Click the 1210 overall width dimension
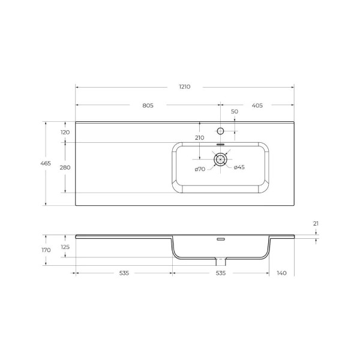(x=184, y=87)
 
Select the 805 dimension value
(x=148, y=106)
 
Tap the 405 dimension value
(x=257, y=106)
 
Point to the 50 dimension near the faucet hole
(x=235, y=112)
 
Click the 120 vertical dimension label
(x=65, y=132)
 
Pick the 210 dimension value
(x=199, y=138)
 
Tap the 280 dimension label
(x=65, y=167)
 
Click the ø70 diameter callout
(x=200, y=169)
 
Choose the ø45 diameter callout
(x=239, y=167)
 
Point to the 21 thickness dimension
(x=316, y=224)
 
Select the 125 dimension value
(x=65, y=247)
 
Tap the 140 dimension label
(x=281, y=273)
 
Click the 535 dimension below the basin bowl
(x=220, y=273)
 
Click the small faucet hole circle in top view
(x=220, y=131)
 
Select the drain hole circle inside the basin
(x=220, y=159)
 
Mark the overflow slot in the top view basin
(x=220, y=145)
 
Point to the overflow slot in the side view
(x=220, y=239)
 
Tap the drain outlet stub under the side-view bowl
(x=220, y=262)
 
